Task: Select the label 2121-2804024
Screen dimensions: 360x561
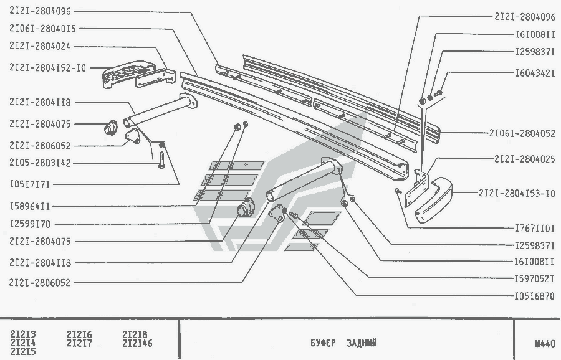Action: (39, 45)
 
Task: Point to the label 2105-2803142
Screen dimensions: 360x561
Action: (39, 164)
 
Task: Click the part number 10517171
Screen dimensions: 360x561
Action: (29, 184)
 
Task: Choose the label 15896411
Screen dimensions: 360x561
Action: (29, 205)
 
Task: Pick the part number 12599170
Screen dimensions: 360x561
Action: (29, 222)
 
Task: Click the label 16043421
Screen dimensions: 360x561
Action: (535, 72)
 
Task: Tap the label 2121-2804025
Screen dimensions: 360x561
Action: (525, 159)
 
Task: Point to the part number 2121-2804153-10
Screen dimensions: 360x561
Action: (517, 193)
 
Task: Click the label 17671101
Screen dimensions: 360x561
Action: (535, 229)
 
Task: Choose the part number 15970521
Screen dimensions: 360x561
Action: (535, 278)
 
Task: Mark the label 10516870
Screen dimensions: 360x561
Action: (535, 296)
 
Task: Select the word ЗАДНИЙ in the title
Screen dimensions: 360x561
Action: (362, 343)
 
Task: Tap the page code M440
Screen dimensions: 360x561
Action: (544, 343)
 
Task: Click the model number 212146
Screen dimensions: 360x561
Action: (137, 343)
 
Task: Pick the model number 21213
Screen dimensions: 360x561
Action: (23, 334)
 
